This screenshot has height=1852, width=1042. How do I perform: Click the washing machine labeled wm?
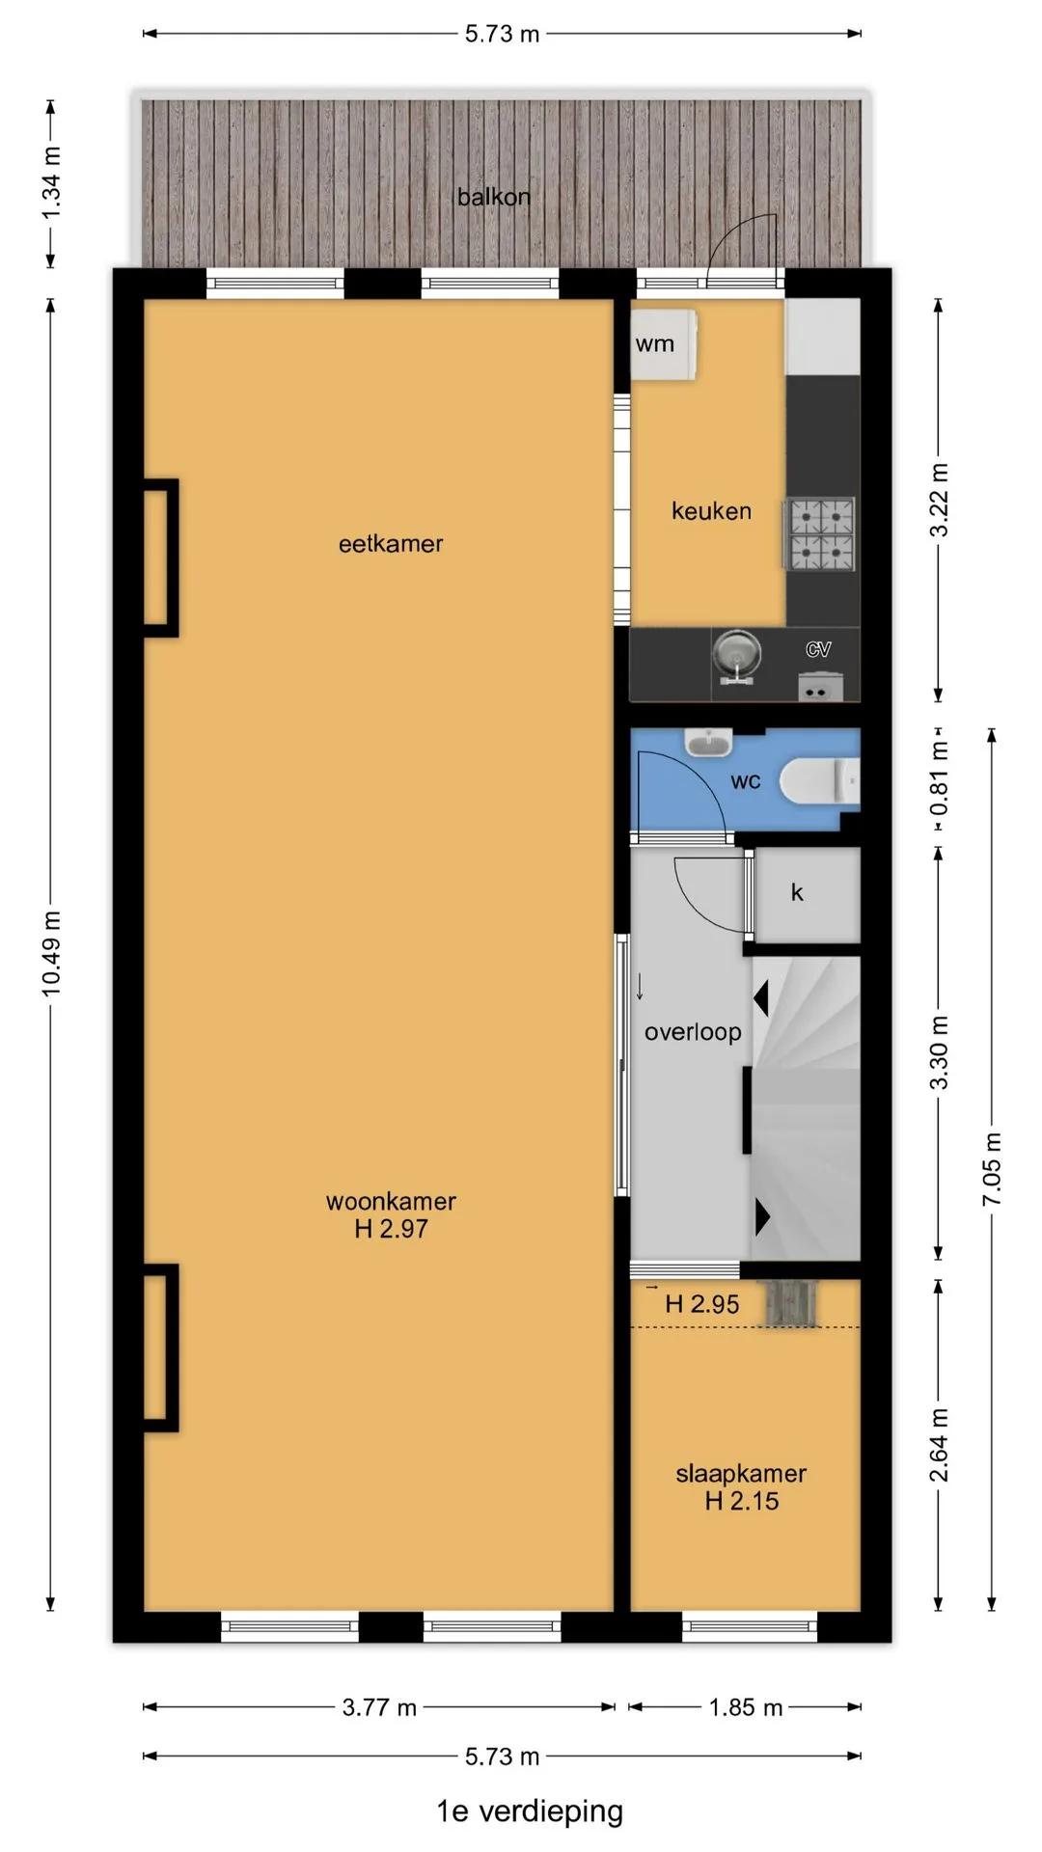[664, 343]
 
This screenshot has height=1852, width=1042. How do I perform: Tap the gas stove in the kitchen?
[822, 533]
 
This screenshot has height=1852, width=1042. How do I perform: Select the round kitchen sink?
[737, 655]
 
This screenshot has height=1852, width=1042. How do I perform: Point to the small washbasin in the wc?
[709, 741]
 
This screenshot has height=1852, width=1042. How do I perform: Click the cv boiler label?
[818, 649]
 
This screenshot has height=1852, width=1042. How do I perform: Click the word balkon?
[494, 197]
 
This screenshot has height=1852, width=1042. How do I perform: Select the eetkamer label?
[391, 544]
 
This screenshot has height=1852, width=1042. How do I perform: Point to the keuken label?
[711, 511]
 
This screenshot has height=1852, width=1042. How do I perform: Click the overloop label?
[693, 1032]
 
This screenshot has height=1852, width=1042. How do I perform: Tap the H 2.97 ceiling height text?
[391, 1229]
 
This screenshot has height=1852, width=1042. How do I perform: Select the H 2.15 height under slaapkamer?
[741, 1501]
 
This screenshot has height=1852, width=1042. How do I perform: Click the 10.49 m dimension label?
[51, 953]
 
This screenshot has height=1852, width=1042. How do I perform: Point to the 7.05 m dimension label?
[992, 1169]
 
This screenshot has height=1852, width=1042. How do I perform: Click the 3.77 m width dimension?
[379, 1707]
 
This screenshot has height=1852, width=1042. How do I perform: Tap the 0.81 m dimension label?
[939, 777]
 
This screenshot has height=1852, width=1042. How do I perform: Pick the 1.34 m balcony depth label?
[51, 183]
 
